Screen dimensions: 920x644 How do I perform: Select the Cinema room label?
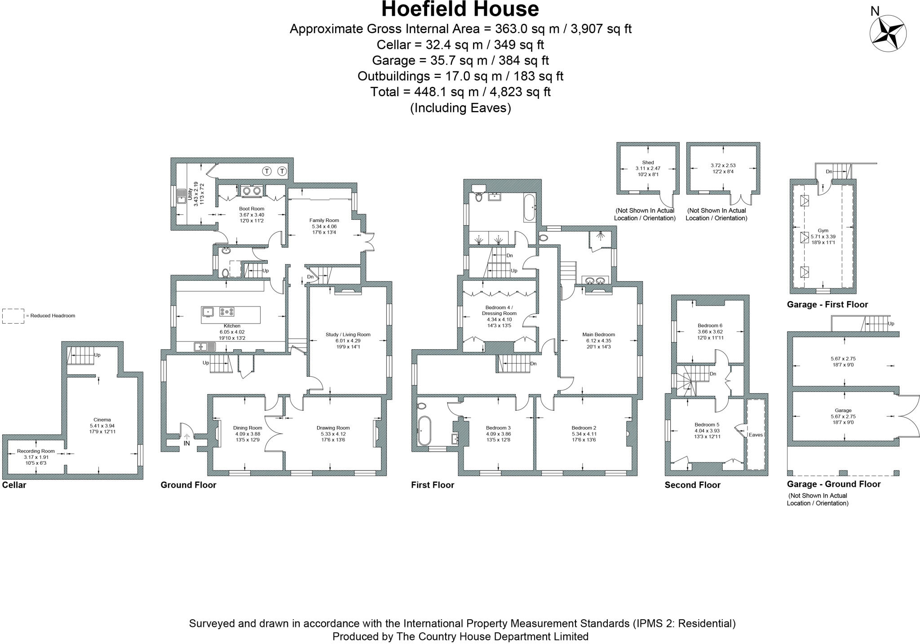(x=102, y=420)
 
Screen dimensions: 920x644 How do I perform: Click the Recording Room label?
(x=36, y=451)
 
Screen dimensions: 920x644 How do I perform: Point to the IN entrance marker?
(x=187, y=443)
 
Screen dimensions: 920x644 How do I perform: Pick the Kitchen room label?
(x=232, y=326)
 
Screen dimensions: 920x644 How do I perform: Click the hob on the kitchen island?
(x=227, y=311)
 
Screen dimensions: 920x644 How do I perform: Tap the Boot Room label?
(x=252, y=209)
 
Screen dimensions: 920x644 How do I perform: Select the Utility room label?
(x=190, y=194)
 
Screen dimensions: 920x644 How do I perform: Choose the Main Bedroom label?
(x=598, y=334)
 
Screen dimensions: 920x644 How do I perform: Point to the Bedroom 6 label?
(x=710, y=325)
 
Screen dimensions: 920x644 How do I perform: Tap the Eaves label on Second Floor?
(x=756, y=435)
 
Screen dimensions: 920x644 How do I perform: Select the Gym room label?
(x=823, y=231)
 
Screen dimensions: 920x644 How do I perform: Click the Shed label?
(x=648, y=163)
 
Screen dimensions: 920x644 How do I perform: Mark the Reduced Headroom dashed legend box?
(x=13, y=316)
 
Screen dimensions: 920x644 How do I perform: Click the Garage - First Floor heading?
(x=827, y=304)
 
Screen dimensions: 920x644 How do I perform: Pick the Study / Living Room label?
(x=348, y=334)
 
